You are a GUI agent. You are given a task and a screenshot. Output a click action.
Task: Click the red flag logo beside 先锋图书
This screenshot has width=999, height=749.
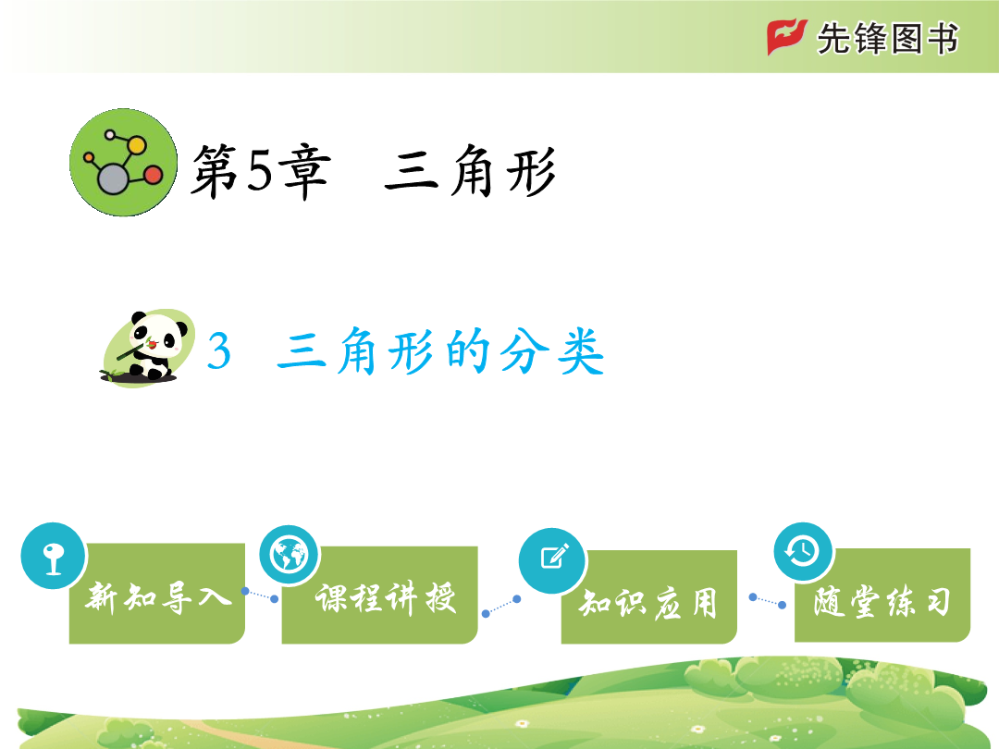point(787,37)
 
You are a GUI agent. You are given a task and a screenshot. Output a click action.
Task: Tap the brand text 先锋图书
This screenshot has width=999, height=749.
point(887,39)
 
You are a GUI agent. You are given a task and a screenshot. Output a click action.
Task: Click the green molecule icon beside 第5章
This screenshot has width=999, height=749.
point(124,163)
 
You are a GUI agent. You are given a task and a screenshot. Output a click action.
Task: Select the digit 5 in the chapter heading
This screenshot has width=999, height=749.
point(259,171)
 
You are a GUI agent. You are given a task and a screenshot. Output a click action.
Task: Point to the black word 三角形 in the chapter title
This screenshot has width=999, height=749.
point(470,171)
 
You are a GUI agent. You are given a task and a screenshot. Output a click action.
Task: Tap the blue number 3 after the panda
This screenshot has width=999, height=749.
point(218,351)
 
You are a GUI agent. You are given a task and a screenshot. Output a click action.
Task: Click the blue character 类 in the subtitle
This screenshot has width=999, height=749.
point(580,351)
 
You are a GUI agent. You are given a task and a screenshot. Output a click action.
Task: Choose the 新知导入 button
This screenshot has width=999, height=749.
point(156,594)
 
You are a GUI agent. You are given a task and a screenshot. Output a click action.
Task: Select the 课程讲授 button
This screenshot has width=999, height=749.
point(380,595)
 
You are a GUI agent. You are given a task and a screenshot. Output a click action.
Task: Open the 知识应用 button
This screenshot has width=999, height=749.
point(648,597)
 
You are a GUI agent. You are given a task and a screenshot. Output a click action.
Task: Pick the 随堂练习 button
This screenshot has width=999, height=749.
point(882,595)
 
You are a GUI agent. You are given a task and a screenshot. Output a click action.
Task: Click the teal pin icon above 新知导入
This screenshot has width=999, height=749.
point(54,556)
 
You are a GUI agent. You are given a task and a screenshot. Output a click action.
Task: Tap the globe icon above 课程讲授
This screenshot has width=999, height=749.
point(290,555)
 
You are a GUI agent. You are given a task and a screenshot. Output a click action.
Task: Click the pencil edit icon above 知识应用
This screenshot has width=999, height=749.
point(553,560)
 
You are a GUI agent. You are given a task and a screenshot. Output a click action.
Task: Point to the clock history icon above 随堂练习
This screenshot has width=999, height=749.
point(804,551)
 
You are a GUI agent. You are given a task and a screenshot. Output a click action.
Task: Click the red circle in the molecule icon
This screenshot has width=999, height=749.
point(153,175)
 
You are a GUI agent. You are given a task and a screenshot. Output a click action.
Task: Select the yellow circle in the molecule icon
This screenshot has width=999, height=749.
point(136,145)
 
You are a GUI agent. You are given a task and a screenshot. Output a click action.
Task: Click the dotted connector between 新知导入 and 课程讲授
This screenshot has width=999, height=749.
point(260,595)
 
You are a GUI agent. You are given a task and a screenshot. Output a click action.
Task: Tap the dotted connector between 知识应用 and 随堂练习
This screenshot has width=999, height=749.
point(768,601)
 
